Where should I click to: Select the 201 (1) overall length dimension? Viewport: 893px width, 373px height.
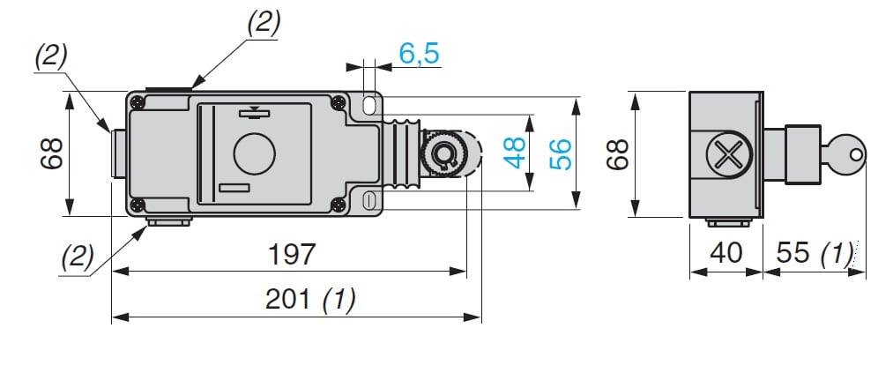(310, 301)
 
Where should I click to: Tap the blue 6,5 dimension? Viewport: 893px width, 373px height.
(419, 54)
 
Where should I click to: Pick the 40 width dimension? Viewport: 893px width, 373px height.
(725, 254)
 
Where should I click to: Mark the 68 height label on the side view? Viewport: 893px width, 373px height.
(619, 154)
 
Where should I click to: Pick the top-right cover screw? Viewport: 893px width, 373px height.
(339, 102)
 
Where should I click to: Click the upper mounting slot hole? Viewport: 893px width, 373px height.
(369, 107)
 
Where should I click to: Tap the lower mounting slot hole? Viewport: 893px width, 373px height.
(369, 199)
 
